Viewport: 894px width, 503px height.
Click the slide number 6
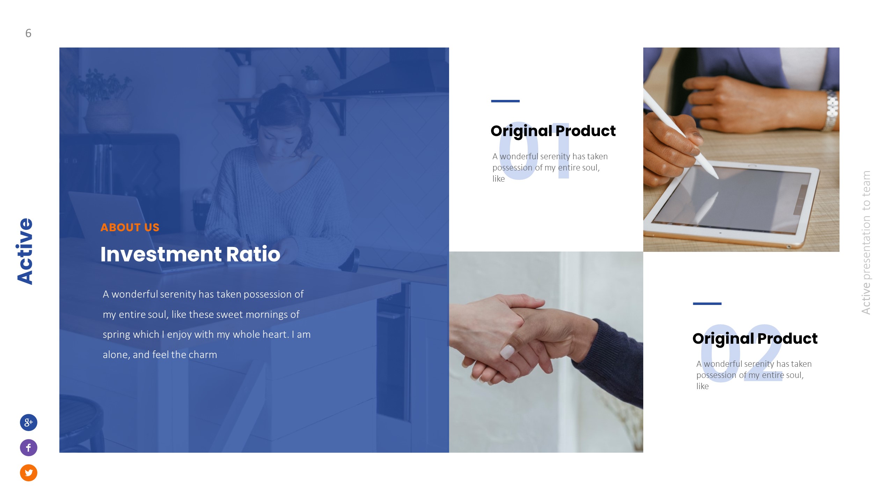click(28, 33)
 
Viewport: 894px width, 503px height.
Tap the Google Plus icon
click(29, 422)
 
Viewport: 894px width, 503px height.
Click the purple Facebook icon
click(29, 447)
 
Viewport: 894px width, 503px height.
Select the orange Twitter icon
click(29, 473)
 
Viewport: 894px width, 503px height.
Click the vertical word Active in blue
click(25, 251)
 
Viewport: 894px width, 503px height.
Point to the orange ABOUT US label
click(130, 227)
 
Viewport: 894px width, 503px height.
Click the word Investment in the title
click(161, 254)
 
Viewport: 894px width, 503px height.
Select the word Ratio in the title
click(253, 254)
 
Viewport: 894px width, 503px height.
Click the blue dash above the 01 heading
click(505, 101)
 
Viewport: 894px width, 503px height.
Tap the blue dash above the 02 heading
click(707, 304)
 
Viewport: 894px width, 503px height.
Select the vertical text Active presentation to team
click(866, 242)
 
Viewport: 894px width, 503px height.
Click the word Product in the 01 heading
click(585, 131)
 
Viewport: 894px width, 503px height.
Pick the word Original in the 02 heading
click(723, 338)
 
